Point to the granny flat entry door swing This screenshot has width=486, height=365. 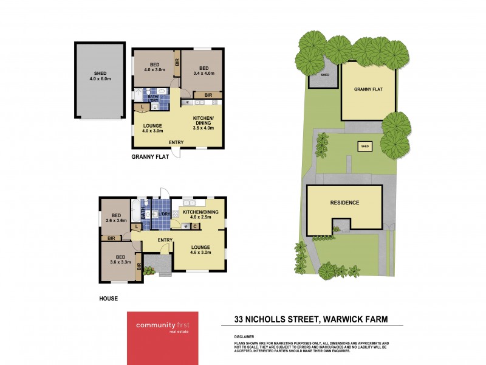(x=176, y=153)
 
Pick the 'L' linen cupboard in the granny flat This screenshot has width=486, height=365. (x=142, y=108)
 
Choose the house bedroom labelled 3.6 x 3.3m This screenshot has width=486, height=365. (x=118, y=260)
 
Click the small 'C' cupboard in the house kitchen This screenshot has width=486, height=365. (x=195, y=227)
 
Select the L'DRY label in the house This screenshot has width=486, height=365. (x=163, y=214)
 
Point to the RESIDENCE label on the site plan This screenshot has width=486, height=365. (x=344, y=203)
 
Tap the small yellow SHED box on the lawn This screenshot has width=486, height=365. (x=364, y=147)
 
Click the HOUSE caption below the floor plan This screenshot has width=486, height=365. (x=109, y=299)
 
